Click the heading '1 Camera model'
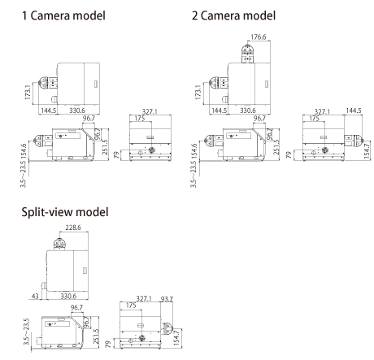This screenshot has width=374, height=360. pyautogui.click(x=59, y=15)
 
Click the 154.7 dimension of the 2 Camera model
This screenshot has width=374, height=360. pyautogui.click(x=364, y=147)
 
